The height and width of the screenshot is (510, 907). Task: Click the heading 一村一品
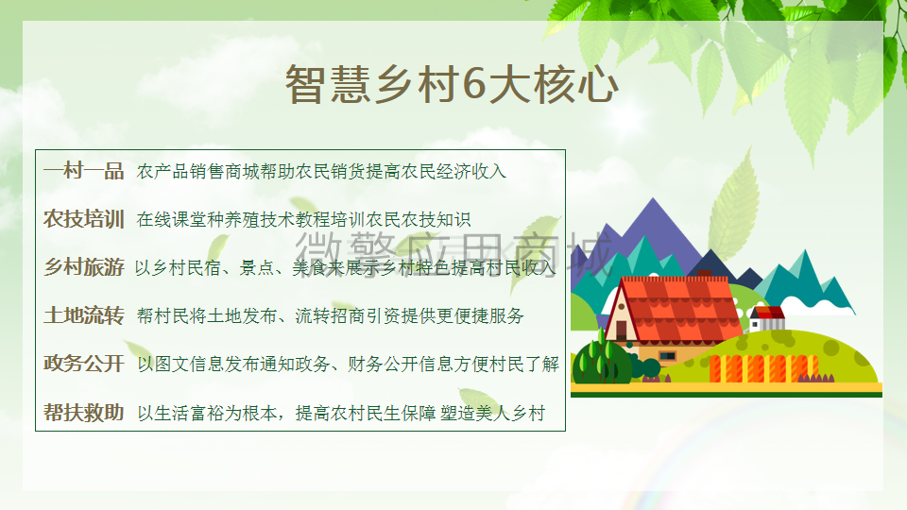click(x=84, y=171)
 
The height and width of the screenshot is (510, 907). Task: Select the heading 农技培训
click(x=84, y=219)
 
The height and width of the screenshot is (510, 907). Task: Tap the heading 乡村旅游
click(x=84, y=267)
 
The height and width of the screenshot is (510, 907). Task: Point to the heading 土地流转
click(x=84, y=315)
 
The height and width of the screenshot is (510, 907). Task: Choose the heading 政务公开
click(x=84, y=364)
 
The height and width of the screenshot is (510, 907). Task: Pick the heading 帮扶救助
click(x=84, y=413)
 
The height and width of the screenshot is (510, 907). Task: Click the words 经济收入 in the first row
click(x=471, y=171)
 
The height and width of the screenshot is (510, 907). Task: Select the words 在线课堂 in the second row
click(x=171, y=220)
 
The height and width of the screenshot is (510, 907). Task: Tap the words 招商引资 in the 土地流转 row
click(x=366, y=315)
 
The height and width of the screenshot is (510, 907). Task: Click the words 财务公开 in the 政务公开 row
click(x=383, y=365)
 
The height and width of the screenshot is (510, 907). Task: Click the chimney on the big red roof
click(x=705, y=274)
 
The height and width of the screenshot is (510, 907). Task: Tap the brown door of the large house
click(x=622, y=331)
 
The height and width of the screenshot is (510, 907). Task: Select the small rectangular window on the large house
click(x=668, y=356)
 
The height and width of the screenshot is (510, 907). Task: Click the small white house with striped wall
click(x=767, y=318)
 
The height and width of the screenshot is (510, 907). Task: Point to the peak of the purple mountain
click(x=654, y=199)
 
